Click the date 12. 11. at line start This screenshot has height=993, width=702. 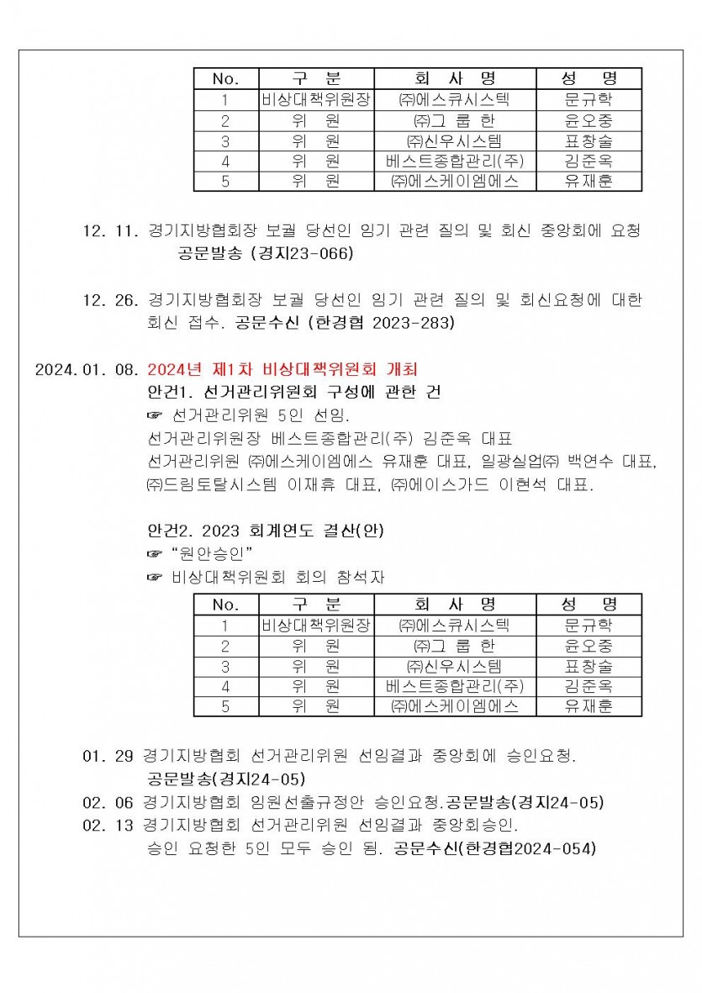(x=110, y=230)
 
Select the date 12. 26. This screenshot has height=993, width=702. (x=110, y=299)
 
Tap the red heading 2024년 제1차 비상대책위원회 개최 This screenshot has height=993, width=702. (x=282, y=369)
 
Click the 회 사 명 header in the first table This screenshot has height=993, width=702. (x=456, y=79)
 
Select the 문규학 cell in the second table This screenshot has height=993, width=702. (x=589, y=626)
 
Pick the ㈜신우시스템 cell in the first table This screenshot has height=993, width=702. (x=455, y=140)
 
